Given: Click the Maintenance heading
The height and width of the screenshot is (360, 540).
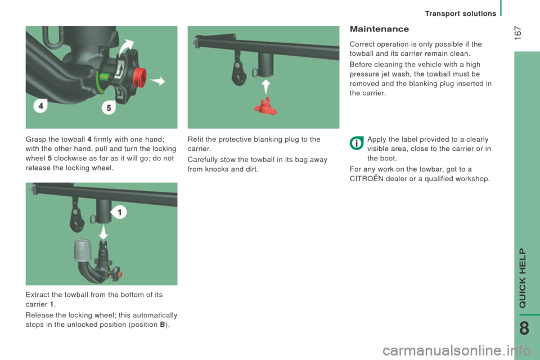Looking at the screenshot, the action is point(379,29).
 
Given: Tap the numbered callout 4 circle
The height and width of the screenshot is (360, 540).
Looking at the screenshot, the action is point(40,106).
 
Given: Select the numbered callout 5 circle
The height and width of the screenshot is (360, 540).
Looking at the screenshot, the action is point(109,108).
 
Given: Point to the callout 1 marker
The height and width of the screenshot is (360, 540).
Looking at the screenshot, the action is point(119,212).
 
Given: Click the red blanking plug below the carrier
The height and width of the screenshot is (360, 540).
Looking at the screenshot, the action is point(265,106).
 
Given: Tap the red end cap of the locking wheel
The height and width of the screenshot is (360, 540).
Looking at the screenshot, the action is point(140,78).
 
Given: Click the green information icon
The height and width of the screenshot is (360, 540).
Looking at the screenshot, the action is point(357,143).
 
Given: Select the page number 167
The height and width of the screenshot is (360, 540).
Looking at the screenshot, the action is point(517,33).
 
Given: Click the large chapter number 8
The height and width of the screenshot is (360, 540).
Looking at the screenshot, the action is point(524,328).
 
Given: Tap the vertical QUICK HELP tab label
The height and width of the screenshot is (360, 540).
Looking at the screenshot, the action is point(523,278).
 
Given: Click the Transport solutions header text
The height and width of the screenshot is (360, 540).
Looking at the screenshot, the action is point(461,13).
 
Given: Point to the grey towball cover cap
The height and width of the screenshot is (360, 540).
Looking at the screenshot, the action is point(83,250).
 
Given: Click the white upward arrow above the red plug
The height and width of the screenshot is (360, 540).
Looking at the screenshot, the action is point(265,87).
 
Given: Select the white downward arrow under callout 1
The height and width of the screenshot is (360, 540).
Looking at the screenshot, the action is point(103,232).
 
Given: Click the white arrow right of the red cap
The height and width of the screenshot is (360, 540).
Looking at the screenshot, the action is point(157,81).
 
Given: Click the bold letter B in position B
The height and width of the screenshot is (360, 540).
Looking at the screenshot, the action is point(163,325).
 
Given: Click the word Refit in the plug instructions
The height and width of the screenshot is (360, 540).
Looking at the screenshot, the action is point(195,139).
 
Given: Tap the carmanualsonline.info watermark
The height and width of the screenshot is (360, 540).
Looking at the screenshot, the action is point(457,350).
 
